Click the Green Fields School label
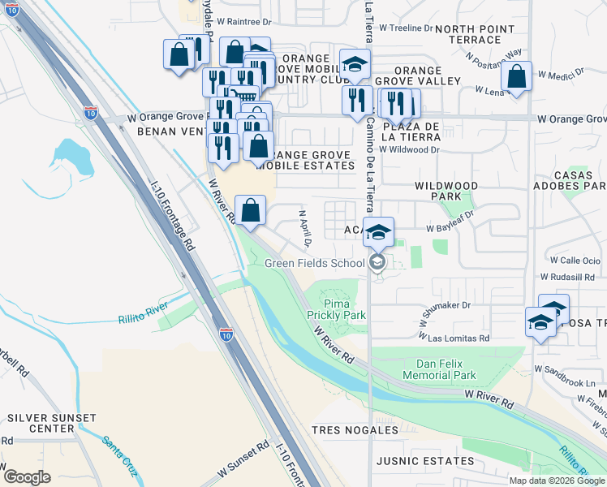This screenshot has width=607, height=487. click(315, 263)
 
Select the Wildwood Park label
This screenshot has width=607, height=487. click(446, 191)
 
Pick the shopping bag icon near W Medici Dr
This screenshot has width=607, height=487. click(516, 77)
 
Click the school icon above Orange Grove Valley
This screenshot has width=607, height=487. click(355, 65)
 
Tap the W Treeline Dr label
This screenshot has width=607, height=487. click(407, 28)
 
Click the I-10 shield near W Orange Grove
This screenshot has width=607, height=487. click(92, 111)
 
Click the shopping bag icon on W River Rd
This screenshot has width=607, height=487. click(251, 210)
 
